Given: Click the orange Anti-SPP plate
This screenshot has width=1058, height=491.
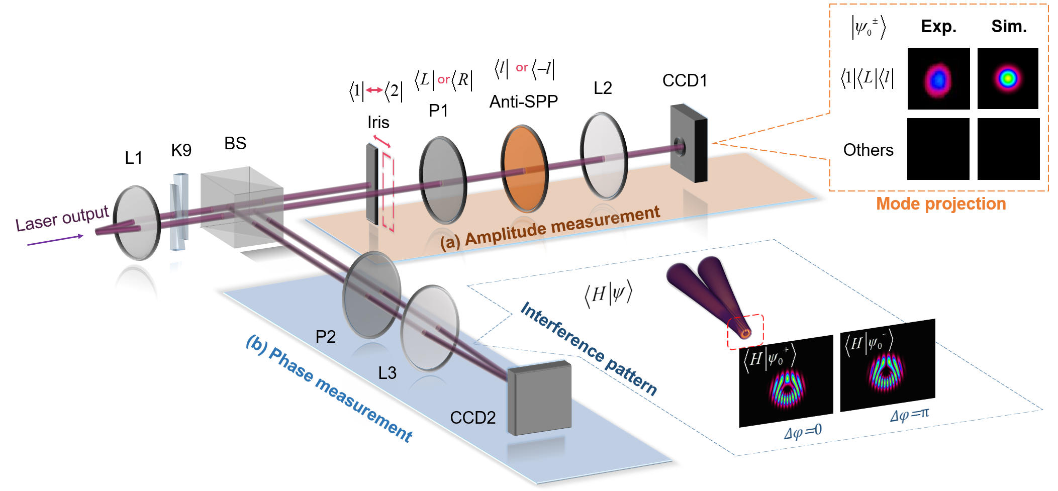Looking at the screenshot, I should pyautogui.click(x=524, y=169).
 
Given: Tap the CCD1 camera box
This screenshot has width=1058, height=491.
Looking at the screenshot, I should pyautogui.click(x=689, y=143).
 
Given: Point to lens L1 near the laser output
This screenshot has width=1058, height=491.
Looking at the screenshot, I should pyautogui.click(x=137, y=223).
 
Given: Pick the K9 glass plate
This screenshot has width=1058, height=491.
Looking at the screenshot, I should pyautogui.click(x=179, y=212).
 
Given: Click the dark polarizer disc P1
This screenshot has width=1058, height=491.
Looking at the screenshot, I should pyautogui.click(x=443, y=180).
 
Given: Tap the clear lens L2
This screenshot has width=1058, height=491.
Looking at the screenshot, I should pyautogui.click(x=604, y=156).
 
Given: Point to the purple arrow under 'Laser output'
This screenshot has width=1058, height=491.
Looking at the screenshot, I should pyautogui.click(x=55, y=240).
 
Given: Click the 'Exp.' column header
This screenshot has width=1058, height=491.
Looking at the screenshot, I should pyautogui.click(x=938, y=27).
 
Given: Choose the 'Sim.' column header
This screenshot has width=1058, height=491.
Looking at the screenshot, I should pyautogui.click(x=1008, y=27).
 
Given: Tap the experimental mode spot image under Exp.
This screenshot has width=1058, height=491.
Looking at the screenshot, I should pyautogui.click(x=938, y=79).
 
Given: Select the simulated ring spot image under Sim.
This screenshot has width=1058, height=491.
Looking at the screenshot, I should pyautogui.click(x=1008, y=79).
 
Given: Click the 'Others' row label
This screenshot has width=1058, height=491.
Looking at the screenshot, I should pyautogui.click(x=868, y=150).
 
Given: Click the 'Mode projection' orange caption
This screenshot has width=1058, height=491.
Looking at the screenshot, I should pyautogui.click(x=941, y=204).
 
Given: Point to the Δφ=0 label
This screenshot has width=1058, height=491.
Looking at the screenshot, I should pyautogui.click(x=803, y=432).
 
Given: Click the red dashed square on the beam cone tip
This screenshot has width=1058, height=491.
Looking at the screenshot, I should pyautogui.click(x=746, y=332).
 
